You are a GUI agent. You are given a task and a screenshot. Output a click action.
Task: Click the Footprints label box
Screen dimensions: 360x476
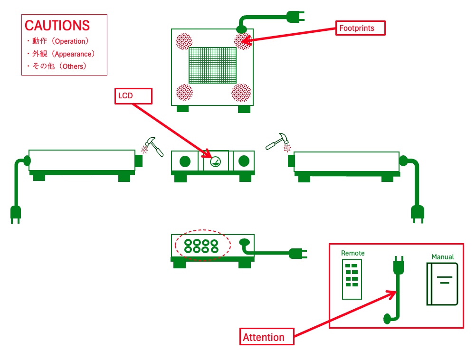360,28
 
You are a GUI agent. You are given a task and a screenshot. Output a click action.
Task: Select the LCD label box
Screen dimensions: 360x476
134,96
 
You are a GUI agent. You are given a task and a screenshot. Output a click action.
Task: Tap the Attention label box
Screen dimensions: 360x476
267,337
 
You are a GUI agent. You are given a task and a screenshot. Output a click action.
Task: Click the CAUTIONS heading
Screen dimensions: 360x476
57,25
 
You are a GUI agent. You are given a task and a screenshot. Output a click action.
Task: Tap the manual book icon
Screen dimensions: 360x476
442,284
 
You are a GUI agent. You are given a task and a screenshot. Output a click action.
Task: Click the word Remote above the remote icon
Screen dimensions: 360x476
353,253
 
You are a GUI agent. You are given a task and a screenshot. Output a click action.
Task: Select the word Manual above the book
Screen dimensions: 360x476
443,257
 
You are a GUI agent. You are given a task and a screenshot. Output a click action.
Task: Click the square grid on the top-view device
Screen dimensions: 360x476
212,65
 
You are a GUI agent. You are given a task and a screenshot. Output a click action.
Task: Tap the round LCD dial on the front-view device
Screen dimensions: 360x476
215,161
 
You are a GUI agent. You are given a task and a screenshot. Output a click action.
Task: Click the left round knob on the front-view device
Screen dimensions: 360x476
185,161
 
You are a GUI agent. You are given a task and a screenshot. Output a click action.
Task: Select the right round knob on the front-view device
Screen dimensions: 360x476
244,161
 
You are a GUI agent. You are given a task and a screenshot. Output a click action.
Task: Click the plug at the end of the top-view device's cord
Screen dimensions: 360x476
295,18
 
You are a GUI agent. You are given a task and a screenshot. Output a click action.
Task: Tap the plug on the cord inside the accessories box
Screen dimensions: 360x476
398,266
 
